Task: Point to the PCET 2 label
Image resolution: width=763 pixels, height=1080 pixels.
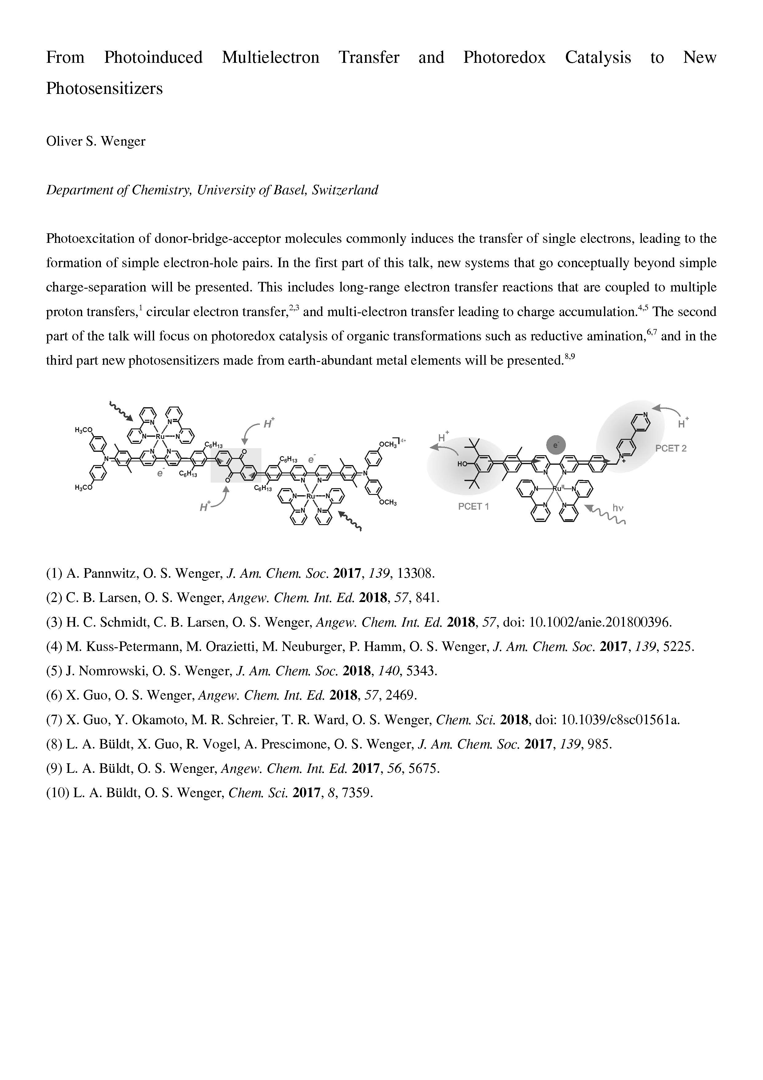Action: (x=671, y=448)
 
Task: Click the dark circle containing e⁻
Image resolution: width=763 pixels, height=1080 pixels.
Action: (x=556, y=444)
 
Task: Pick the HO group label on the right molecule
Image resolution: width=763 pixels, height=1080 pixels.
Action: (x=462, y=464)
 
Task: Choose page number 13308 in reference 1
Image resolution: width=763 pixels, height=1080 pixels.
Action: (x=415, y=573)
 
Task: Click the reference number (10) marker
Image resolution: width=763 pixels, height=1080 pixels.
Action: (x=57, y=793)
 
